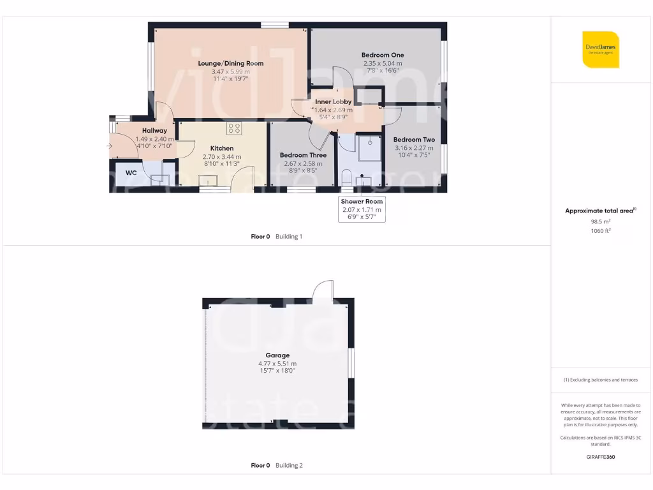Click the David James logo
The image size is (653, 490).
(601, 49)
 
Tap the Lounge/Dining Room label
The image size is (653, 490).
(230, 63)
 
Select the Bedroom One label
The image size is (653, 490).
(383, 55)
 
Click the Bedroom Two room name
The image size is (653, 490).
(414, 140)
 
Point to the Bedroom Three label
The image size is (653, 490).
(303, 155)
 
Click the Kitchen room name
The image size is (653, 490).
(222, 148)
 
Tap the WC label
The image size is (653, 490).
(131, 172)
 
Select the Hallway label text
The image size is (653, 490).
(154, 130)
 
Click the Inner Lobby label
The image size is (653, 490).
(333, 101)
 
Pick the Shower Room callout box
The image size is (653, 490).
(362, 209)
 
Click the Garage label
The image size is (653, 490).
(277, 355)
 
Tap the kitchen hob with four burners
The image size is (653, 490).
(234, 128)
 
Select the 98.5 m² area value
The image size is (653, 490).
(600, 221)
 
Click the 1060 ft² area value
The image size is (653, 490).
(600, 230)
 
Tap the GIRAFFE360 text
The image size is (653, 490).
(600, 457)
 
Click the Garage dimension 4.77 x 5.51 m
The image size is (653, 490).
(277, 364)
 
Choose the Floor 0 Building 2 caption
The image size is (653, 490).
(277, 466)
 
